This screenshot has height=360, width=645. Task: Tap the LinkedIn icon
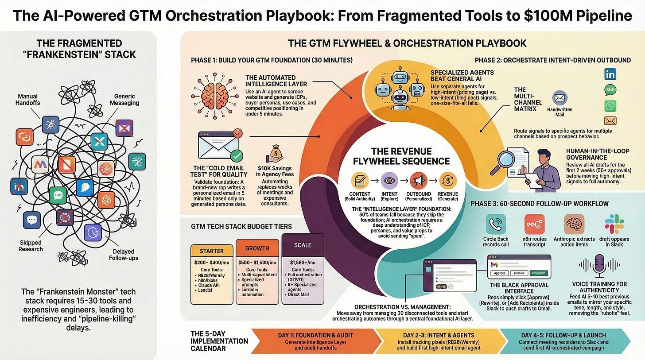coord(610,74)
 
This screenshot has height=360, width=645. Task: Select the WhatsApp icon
coord(610,105)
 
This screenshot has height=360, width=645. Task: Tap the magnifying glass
coord(509,160)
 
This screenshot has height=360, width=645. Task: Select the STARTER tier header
coord(212,250)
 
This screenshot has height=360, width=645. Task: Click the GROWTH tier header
coord(257,248)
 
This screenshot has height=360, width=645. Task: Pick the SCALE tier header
coord(303,245)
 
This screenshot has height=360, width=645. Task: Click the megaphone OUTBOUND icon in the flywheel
coord(418,180)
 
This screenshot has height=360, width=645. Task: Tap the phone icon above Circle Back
coord(495,224)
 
